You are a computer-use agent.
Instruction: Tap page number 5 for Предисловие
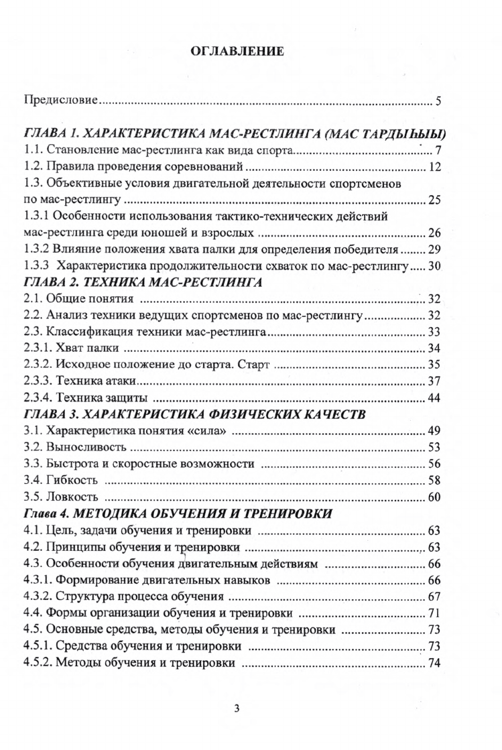tap(438, 102)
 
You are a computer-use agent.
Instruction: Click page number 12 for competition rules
tap(434, 166)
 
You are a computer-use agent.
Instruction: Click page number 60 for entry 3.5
tap(434, 497)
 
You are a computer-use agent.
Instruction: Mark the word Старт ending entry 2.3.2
tap(257, 365)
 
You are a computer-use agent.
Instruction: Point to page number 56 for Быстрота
tap(434, 464)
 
